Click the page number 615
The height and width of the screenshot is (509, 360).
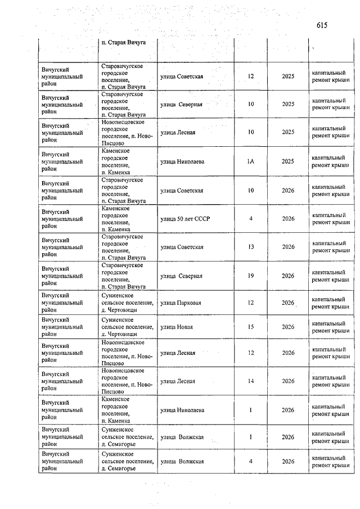click(322, 25)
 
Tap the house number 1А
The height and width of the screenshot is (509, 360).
click(251, 161)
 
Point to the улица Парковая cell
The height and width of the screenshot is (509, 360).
click(181, 303)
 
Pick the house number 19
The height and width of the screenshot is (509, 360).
click(251, 276)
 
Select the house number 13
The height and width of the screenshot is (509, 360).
click(251, 247)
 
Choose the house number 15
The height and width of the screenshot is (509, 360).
click(251, 327)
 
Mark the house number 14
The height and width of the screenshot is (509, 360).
click(251, 381)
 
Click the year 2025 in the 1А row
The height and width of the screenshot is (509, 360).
click(288, 161)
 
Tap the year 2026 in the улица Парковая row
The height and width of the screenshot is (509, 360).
click(288, 303)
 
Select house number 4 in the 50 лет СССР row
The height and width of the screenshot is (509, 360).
click(251, 219)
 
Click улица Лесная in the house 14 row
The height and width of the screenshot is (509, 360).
click(178, 381)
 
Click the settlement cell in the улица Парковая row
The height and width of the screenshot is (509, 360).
click(127, 303)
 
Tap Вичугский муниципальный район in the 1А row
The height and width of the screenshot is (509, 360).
click(62, 161)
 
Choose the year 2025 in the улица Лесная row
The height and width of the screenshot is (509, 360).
click(288, 133)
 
